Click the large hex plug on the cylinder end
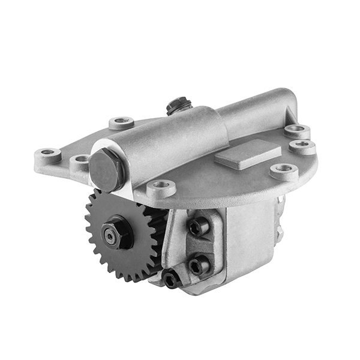point(107,170)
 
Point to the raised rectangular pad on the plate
point(248,154)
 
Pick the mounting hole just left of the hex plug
point(80,160)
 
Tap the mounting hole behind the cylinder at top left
point(122,122)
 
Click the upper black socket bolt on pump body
point(199,226)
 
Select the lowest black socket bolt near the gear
point(171,278)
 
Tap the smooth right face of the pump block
point(251,240)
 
